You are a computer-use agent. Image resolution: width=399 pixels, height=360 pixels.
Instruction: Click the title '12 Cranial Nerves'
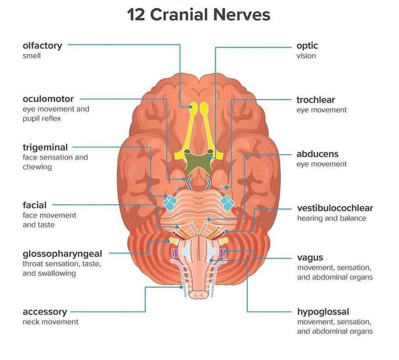[x=199, y=14]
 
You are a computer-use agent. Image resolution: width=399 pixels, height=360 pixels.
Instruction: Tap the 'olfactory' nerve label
[x=42, y=46]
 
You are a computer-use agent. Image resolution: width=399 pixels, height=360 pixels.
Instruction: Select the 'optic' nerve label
[x=307, y=46]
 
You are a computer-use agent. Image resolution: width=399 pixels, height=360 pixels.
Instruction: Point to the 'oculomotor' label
[x=48, y=99]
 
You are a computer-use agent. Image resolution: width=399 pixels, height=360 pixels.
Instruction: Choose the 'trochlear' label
[x=315, y=100]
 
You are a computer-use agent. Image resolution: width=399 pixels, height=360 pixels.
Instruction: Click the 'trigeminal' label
[x=45, y=147]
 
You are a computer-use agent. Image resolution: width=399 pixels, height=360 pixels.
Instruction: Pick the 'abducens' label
[x=317, y=154]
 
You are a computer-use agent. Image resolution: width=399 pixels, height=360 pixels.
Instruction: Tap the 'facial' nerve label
[x=34, y=205]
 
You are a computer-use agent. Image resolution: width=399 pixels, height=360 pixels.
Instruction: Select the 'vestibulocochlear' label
[x=335, y=208]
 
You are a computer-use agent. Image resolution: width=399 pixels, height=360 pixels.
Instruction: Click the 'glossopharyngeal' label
[x=62, y=254]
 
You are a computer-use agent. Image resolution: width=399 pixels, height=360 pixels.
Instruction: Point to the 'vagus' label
[x=310, y=258]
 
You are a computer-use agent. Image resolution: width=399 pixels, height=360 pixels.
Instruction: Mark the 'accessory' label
[x=44, y=312]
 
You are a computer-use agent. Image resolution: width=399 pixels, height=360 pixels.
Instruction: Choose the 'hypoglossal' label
[x=323, y=312]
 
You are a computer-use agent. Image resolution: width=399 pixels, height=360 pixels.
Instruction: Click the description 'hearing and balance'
[x=331, y=218]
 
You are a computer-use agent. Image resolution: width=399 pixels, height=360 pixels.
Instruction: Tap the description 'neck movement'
[x=50, y=322]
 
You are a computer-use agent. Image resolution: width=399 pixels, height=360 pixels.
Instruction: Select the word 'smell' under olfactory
[x=31, y=55]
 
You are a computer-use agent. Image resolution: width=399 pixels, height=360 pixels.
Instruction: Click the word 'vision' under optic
[x=306, y=55]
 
